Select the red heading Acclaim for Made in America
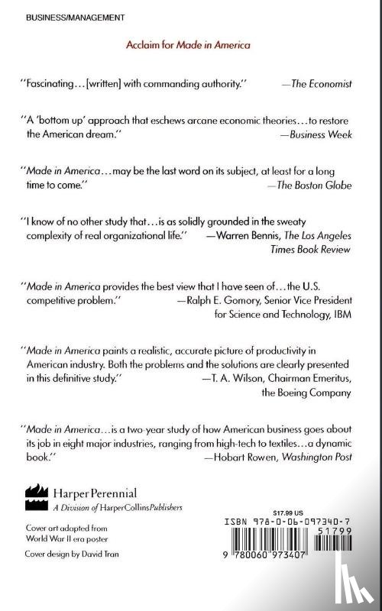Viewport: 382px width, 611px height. click(188, 46)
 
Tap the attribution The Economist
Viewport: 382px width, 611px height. click(322, 85)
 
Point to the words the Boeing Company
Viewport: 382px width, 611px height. click(310, 394)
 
